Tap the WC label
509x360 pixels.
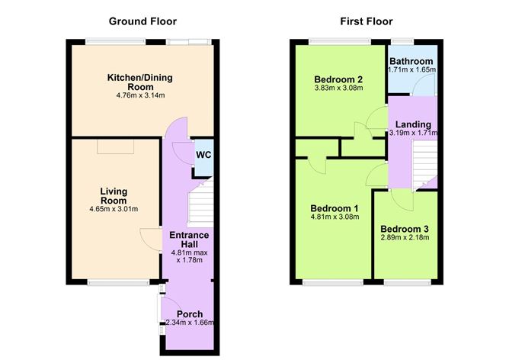[203, 155]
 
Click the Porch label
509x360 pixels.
[188, 313]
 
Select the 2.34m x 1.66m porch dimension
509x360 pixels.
[189, 323]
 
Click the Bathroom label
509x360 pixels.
[411, 60]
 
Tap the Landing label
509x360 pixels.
[412, 124]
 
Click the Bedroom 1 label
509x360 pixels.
[334, 208]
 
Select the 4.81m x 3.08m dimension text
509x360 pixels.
[334, 218]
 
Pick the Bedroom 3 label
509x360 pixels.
[405, 229]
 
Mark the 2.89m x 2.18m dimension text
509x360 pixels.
[405, 238]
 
